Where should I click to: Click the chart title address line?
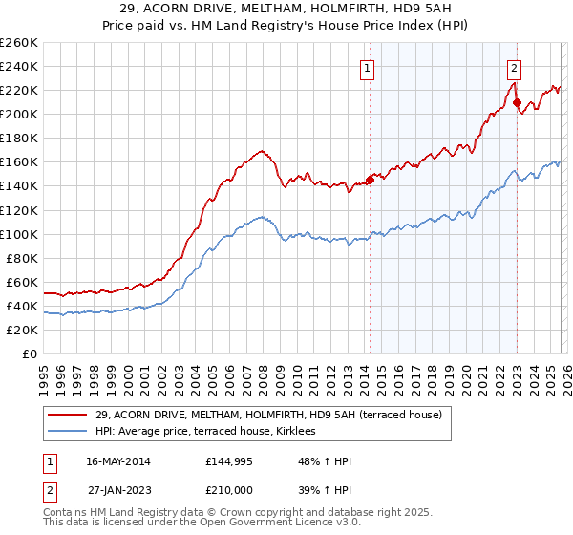pyautogui.click(x=286, y=9)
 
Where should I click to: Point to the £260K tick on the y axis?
pyautogui.click(x=19, y=43)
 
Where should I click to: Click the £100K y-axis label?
pyautogui.click(x=19, y=234)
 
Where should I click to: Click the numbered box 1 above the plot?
pyautogui.click(x=368, y=68)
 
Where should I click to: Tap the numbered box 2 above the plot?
pyautogui.click(x=514, y=68)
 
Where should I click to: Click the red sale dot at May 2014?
pyautogui.click(x=370, y=180)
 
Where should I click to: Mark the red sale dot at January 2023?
pyautogui.click(x=517, y=102)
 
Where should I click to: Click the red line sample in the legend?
pyautogui.click(x=68, y=416)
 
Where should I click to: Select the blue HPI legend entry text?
pyautogui.click(x=212, y=432)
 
